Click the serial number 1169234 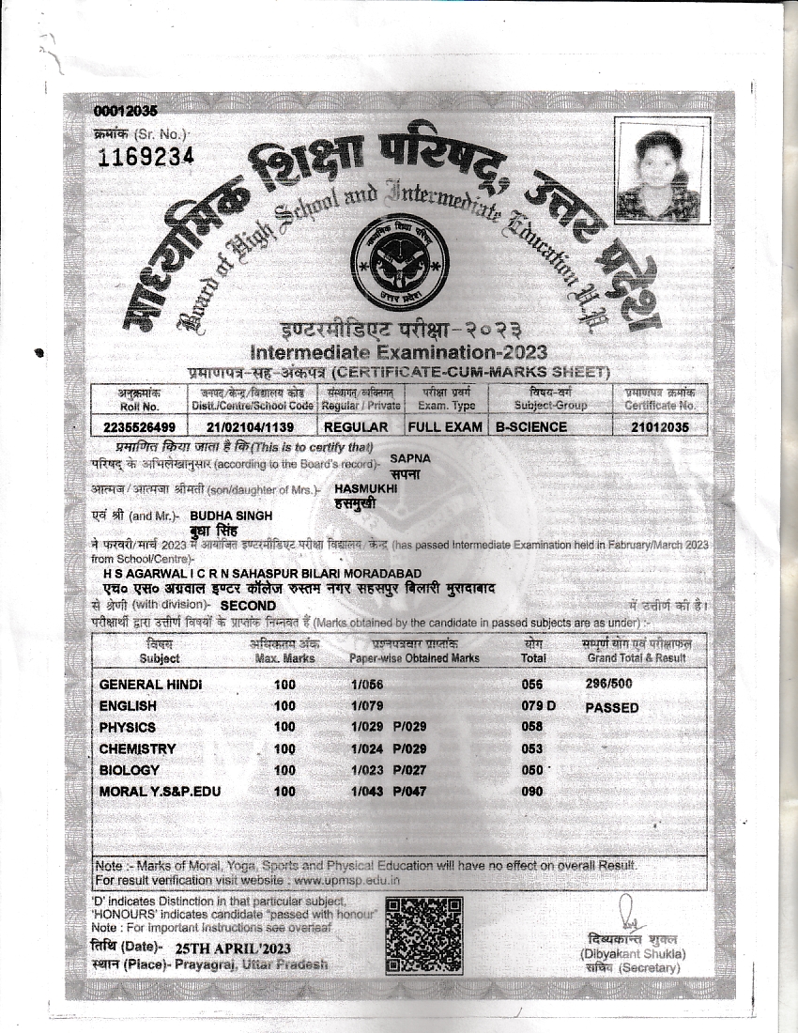(x=146, y=156)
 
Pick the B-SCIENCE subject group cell (x=531, y=426)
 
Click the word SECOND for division (x=248, y=606)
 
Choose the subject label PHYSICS (x=128, y=727)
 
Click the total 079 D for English (x=539, y=705)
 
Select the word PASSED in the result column (x=611, y=707)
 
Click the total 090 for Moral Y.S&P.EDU (x=532, y=792)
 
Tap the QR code (x=420, y=933)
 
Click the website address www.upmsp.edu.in (x=346, y=881)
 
